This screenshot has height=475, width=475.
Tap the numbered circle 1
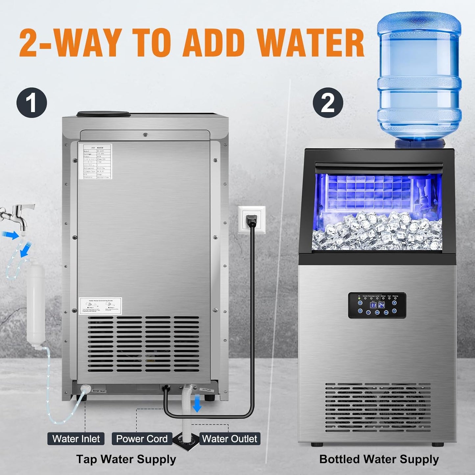pos(32,103)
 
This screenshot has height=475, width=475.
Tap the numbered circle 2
pos(328,103)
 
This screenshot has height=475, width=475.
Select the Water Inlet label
pos(76,439)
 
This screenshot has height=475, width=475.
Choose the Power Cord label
pos(142,439)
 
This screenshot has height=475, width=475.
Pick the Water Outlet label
pos(229,439)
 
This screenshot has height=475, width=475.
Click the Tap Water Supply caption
pos(126,459)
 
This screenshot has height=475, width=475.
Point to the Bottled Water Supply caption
pos(379,459)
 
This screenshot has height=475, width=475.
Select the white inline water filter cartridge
pos(36,304)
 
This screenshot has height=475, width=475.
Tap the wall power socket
pos(252,220)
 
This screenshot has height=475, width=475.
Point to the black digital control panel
pos(377,305)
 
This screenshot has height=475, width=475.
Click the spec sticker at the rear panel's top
pos(97,161)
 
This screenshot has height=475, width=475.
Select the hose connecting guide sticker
pos(101,306)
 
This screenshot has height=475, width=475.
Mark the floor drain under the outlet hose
pos(187,442)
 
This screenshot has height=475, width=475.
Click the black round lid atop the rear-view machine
pos(103,114)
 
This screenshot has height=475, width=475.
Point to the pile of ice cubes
pos(377,230)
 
